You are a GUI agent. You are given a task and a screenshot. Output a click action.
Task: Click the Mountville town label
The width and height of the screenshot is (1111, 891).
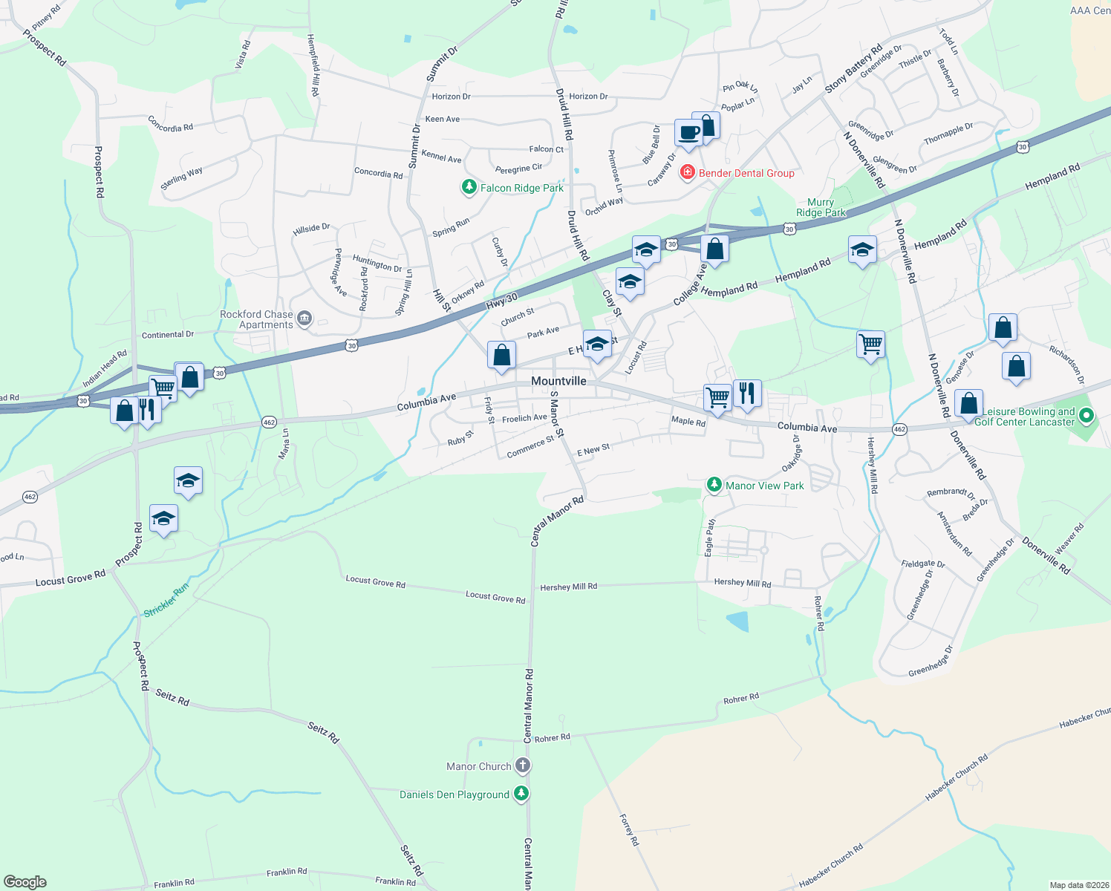558,381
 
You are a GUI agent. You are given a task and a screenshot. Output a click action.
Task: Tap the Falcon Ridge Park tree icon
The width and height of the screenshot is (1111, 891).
469,187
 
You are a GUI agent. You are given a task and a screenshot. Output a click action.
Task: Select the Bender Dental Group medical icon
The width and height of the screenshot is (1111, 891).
688,173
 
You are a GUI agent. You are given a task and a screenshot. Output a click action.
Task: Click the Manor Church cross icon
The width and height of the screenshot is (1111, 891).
523,766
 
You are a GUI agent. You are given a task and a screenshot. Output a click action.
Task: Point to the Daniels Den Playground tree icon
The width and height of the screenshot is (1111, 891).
522,794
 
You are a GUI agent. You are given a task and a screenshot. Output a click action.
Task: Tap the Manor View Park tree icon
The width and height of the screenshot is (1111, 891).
714,485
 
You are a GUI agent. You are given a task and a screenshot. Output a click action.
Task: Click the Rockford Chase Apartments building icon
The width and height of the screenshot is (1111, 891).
304,319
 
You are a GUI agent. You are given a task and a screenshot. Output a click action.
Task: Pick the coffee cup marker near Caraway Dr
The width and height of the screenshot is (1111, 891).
688,134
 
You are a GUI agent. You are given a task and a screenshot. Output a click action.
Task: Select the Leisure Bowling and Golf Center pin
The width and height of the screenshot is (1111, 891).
1086,416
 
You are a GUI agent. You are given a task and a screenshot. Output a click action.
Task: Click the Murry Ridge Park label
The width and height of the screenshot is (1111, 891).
821,207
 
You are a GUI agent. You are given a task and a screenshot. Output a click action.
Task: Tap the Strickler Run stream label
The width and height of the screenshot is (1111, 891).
166,600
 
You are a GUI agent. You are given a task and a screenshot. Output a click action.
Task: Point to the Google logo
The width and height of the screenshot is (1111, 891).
25,882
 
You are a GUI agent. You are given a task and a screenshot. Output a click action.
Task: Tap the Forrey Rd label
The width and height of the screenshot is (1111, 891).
629,830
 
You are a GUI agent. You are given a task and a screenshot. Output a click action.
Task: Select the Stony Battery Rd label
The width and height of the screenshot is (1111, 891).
853,69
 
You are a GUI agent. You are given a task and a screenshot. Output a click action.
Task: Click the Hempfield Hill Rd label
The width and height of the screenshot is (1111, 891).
313,65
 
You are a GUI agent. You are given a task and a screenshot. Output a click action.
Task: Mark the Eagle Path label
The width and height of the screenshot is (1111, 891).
710,537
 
